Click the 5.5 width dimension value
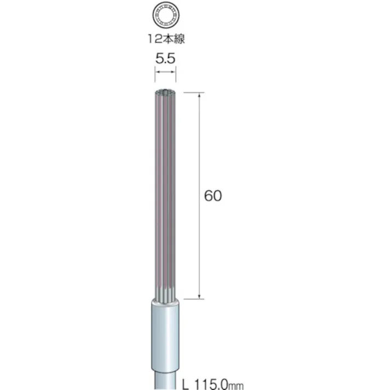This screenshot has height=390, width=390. (x=165, y=59)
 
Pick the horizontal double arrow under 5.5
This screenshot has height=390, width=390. (x=165, y=72)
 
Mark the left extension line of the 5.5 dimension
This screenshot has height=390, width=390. (x=155, y=74)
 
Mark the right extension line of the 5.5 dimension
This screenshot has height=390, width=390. (x=176, y=74)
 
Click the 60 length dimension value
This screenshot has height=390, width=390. (x=213, y=196)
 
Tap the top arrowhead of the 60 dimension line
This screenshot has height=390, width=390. (x=199, y=95)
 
